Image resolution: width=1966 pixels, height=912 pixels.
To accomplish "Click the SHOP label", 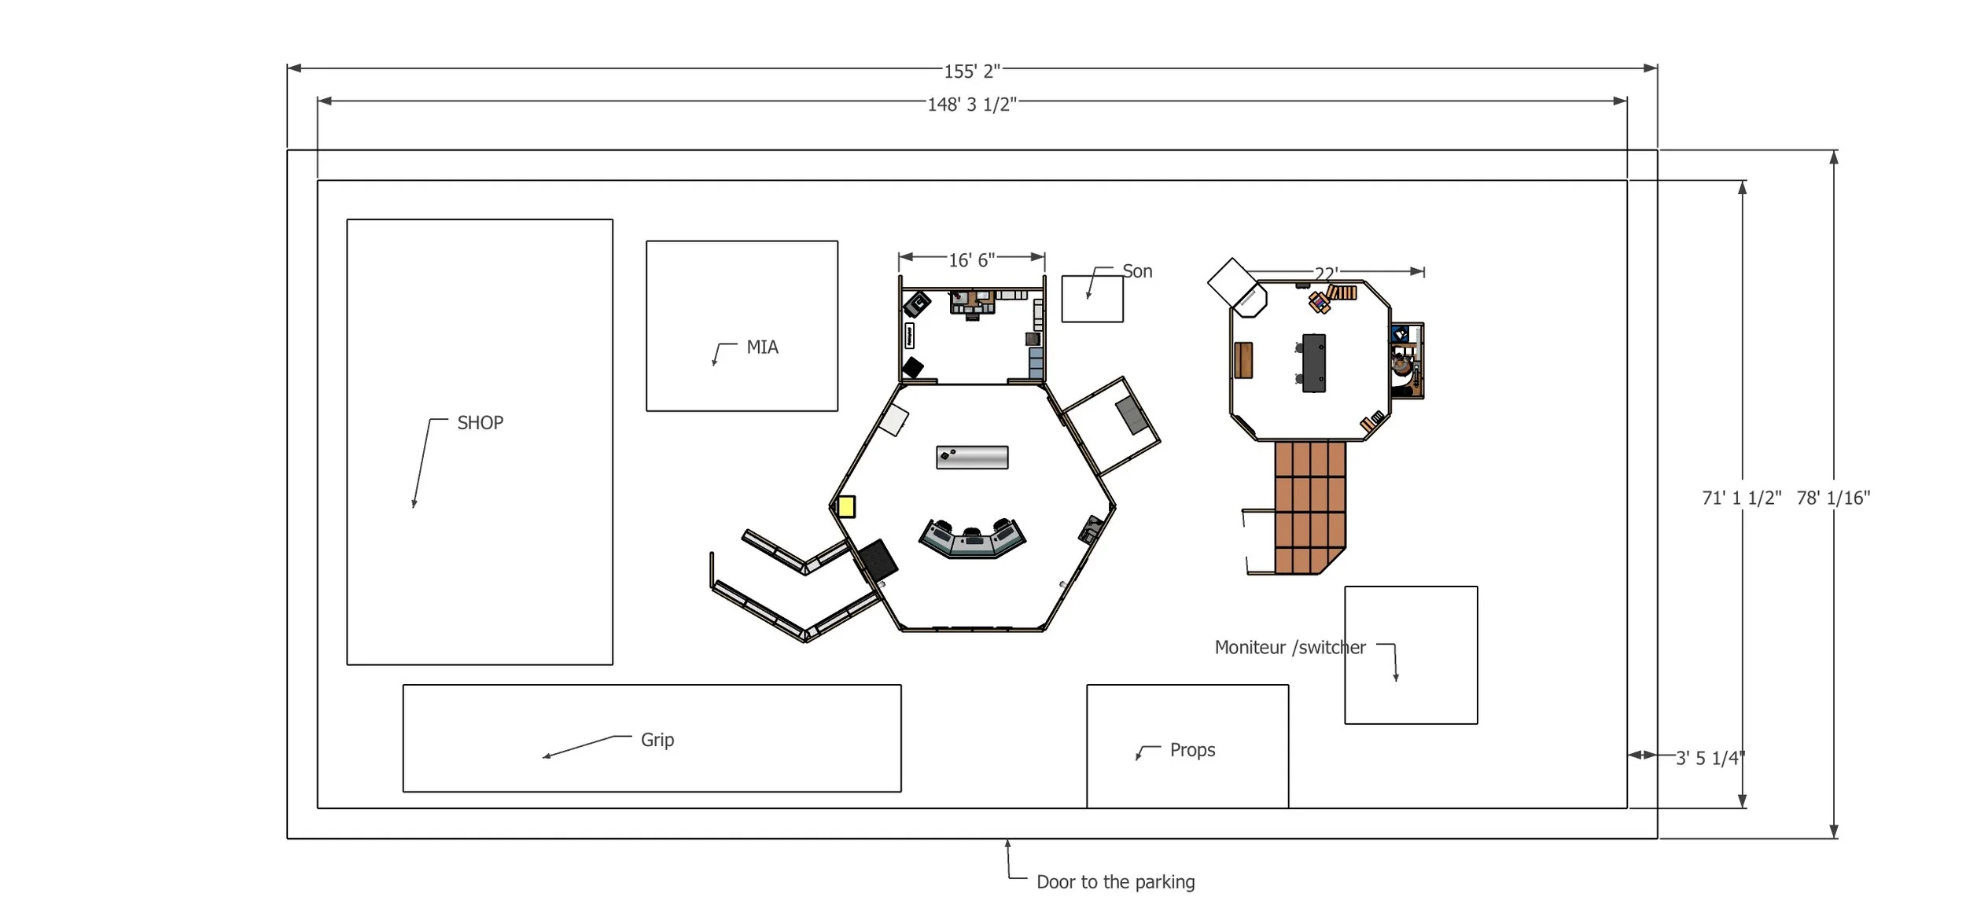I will pos(480,423).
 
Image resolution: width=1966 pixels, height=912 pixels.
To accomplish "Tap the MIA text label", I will pos(762,348).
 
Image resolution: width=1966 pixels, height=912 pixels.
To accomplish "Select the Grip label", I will pos(657,740).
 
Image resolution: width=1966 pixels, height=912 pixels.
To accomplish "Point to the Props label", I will pos(1192,750).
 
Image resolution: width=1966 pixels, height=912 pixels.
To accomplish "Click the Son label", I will pos(1137,271).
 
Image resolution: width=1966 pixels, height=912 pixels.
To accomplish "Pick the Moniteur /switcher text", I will pos(1290,648).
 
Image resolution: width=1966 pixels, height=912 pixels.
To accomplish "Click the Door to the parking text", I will pos(1115,882).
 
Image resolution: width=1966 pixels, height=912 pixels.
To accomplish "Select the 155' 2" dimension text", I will pos(972,72).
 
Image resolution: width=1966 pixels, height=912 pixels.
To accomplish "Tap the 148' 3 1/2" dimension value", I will pos(972,105).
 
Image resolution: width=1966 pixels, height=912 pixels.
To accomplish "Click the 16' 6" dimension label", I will pos(972,260).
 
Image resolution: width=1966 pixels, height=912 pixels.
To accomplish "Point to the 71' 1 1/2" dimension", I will pos(1742,498).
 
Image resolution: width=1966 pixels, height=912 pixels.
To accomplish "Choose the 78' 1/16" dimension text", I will pos(1833,498).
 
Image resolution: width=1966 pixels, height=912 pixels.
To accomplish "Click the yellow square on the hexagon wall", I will pos(846,506).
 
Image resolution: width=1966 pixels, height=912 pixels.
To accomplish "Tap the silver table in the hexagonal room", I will pos(972,457).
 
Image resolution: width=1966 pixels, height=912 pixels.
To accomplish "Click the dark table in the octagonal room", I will pos(1314,362).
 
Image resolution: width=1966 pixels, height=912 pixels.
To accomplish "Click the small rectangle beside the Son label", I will pos(1092,299).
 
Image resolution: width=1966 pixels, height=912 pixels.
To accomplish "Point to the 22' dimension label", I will pos(1326,274).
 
